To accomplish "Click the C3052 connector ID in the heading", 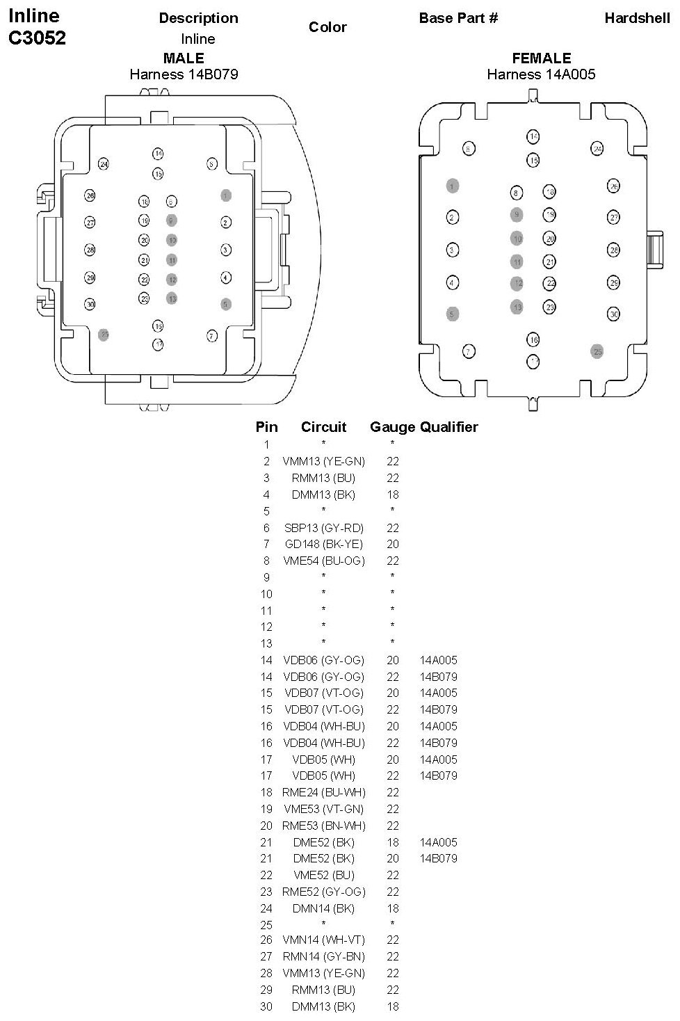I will tap(37, 38).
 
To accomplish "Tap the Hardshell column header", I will tap(637, 18).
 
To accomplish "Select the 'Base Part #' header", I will tap(458, 18).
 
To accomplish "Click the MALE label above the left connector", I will tap(184, 58).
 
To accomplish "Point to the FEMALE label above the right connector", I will tap(541, 58).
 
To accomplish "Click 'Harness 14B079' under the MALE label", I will tap(184, 74).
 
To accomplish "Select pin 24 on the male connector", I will tap(104, 164).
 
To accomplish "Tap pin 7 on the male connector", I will tap(212, 336).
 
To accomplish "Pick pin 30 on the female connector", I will tap(613, 314).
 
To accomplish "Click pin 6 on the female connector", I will tap(469, 148).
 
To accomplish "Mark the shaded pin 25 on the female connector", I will tap(597, 351).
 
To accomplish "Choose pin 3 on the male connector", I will tap(226, 250).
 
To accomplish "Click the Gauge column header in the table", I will tap(392, 427).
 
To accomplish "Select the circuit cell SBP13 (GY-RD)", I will tap(323, 528).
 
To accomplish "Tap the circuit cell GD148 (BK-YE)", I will tap(323, 544).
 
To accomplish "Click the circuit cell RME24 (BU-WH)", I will tap(323, 792).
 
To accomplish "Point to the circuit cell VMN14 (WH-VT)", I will tap(323, 940).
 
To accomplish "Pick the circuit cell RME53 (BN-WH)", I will tap(323, 826).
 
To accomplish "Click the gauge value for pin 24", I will tap(393, 908).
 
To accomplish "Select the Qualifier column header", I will tap(449, 427).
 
